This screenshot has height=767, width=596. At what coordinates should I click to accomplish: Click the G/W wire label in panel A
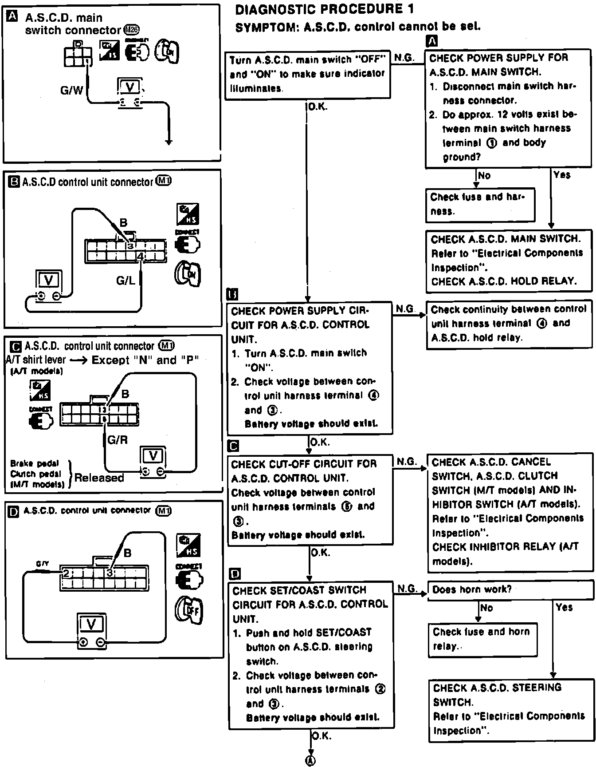point(71,90)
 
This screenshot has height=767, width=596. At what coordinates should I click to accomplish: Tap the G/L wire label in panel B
point(125,281)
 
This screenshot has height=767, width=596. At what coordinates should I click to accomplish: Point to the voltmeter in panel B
point(49,280)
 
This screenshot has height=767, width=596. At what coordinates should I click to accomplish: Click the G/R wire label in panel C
point(118,440)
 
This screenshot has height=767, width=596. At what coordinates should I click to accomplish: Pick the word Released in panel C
point(99,478)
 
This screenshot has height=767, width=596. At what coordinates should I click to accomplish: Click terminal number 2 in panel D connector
point(66,573)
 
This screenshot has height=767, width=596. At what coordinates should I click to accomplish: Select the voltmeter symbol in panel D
point(91,625)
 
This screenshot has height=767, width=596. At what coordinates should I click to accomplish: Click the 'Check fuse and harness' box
point(480,204)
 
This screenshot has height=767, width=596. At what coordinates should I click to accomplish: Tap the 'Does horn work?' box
point(510,590)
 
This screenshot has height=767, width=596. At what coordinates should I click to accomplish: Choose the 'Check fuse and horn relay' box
point(482,639)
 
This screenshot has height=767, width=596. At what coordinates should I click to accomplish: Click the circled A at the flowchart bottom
point(311,760)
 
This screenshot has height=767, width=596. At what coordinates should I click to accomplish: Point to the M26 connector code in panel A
point(132,30)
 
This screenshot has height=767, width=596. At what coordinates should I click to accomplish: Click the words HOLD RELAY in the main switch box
point(550,281)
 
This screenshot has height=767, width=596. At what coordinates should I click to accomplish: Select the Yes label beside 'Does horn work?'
point(564,607)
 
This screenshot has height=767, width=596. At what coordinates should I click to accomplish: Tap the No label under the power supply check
point(484,176)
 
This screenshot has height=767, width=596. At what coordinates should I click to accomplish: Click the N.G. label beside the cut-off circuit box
point(406,462)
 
